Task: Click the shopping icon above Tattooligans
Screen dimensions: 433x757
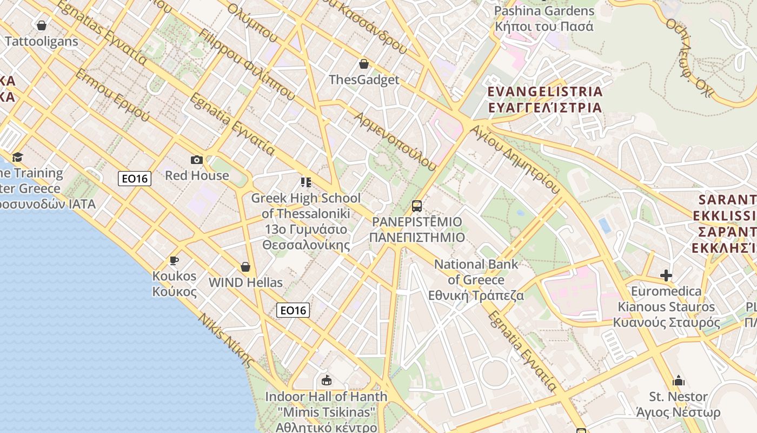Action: (42, 25)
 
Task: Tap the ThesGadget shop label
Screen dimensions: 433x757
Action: (364, 80)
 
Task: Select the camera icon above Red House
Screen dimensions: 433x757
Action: (197, 160)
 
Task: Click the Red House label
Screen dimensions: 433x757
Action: (197, 175)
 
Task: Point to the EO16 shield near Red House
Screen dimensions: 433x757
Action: (135, 178)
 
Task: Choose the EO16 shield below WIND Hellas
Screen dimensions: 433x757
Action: (293, 310)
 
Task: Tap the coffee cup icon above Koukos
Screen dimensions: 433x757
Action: (174, 260)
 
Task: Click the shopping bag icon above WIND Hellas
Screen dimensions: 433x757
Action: (245, 267)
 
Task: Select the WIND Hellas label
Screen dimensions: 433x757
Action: (245, 283)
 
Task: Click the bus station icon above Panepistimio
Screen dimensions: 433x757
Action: (416, 206)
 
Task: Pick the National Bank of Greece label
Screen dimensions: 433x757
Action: (476, 280)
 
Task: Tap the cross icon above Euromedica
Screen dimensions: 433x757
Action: (666, 275)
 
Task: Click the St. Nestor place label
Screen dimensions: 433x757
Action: (678, 404)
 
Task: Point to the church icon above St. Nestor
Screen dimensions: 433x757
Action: (678, 380)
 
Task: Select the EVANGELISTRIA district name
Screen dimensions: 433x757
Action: (545, 99)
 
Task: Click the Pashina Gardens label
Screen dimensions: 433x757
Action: (544, 18)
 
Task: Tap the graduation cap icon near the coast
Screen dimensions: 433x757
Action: (18, 157)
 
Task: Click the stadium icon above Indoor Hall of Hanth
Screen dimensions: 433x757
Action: (326, 380)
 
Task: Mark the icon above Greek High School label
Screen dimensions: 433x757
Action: (306, 182)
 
